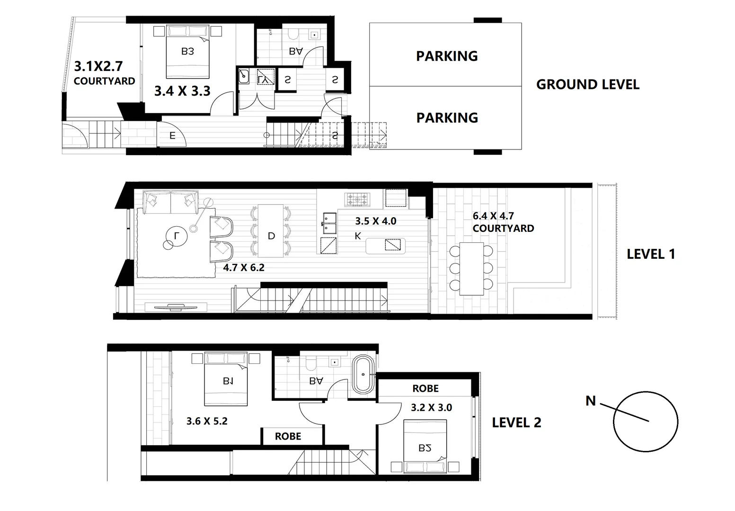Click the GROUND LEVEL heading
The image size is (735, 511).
tap(587, 85)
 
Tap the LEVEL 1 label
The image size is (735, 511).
tap(651, 254)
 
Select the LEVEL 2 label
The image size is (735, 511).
tap(516, 423)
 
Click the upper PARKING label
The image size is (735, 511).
tap(447, 56)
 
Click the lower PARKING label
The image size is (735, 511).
tap(447, 117)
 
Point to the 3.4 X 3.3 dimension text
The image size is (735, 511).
tap(182, 91)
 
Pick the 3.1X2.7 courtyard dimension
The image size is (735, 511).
tap(98, 66)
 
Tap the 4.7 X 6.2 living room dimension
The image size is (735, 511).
tap(244, 267)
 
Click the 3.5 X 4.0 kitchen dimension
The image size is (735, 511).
tap(376, 221)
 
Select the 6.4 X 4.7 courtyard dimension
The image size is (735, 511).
tap(493, 216)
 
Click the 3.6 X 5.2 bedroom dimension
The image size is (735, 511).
tap(207, 421)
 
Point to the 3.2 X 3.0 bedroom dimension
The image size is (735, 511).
tap(431, 407)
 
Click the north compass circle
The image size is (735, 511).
tap(646, 421)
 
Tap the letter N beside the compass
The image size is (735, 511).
tap(590, 401)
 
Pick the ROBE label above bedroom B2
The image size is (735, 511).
tap(425, 388)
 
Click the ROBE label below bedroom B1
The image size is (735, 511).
tap(288, 436)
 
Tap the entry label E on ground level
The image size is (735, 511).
tap(172, 136)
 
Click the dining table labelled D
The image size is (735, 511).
tap(271, 231)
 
